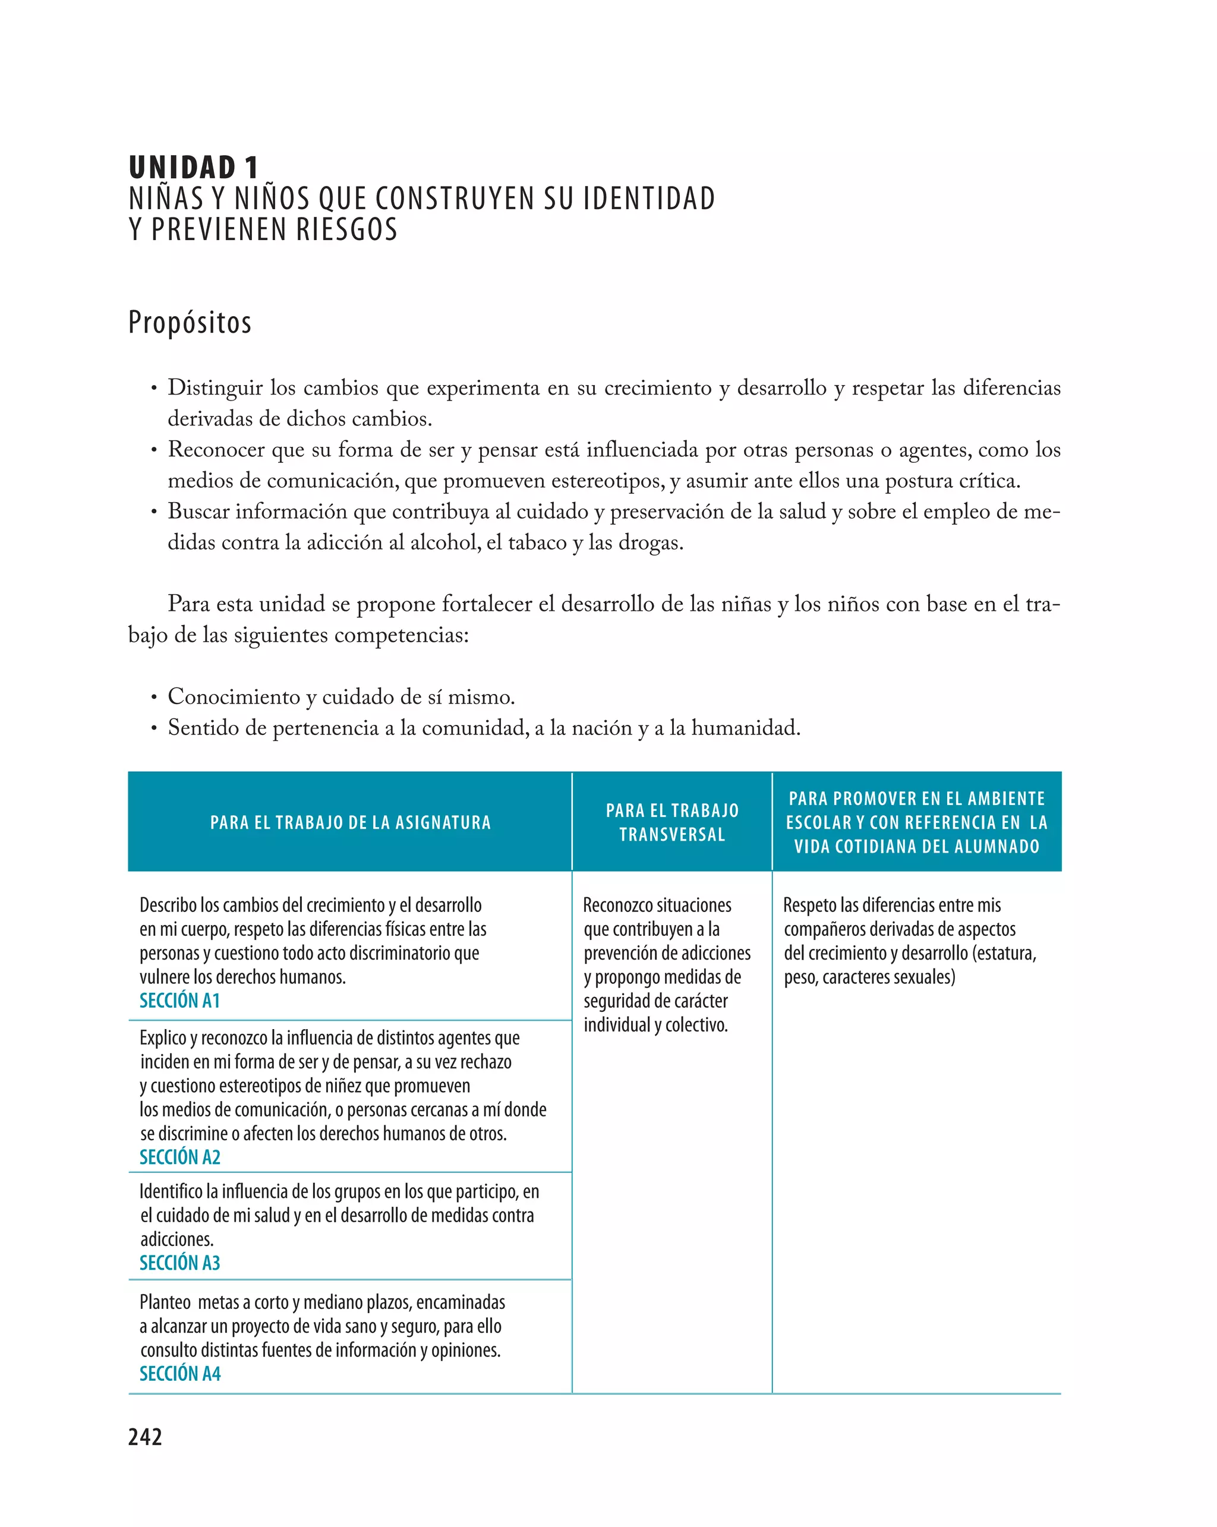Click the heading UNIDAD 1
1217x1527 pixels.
[193, 168]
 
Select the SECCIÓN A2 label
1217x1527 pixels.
[179, 1157]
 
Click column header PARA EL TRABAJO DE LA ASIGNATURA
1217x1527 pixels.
[350, 822]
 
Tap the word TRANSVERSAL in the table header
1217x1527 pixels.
[671, 834]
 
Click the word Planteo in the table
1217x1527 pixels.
[165, 1302]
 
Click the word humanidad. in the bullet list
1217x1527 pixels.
[745, 728]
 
